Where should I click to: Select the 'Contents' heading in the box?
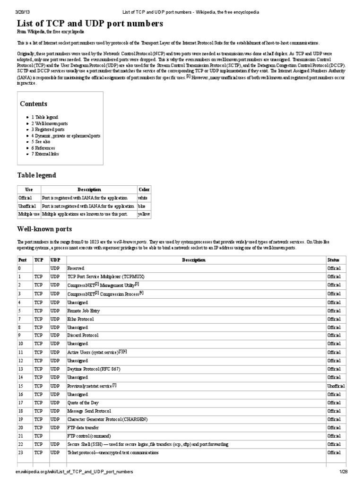34,104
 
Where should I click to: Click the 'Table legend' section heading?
37,175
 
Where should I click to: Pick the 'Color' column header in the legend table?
144,189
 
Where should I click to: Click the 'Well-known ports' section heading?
44,229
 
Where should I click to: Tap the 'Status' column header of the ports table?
333,259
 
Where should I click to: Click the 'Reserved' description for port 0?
76,268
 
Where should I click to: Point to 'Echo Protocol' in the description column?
81,319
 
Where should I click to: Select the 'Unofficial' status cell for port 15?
336,386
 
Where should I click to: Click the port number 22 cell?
20,444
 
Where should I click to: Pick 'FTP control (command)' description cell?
89,435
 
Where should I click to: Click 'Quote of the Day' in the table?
84,402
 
